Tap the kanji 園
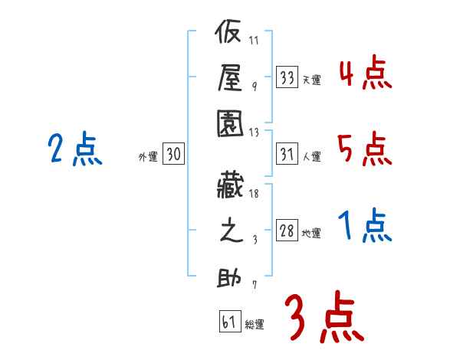231,122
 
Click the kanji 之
231,232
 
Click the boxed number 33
287,77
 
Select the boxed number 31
287,155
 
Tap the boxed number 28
287,232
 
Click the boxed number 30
173,155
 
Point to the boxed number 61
229,322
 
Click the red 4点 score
365,74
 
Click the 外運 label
147,157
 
